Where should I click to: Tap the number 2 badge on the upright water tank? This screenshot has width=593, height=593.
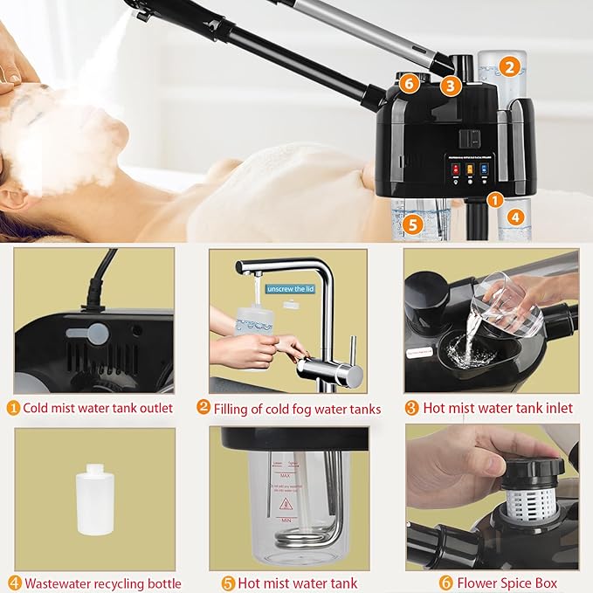[x=511, y=65]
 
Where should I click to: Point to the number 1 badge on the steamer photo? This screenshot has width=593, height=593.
[x=494, y=199]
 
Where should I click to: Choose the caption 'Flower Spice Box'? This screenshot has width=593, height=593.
[x=498, y=583]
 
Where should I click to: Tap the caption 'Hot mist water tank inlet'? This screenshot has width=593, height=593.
[x=498, y=408]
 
